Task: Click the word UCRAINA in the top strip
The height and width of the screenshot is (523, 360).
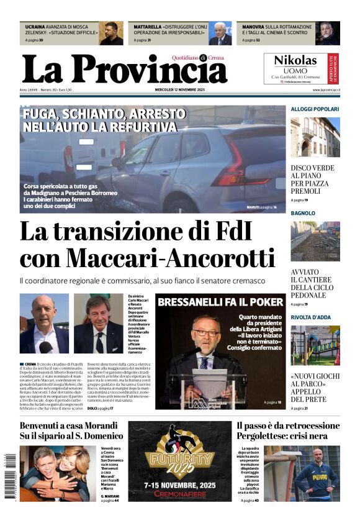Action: pyautogui.click(x=35, y=27)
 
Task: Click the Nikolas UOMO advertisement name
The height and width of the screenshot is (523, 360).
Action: pyautogui.click(x=295, y=61)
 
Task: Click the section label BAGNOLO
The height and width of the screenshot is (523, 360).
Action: pyautogui.click(x=302, y=213)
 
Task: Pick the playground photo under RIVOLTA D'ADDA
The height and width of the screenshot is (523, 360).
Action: pyautogui.click(x=315, y=345)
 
